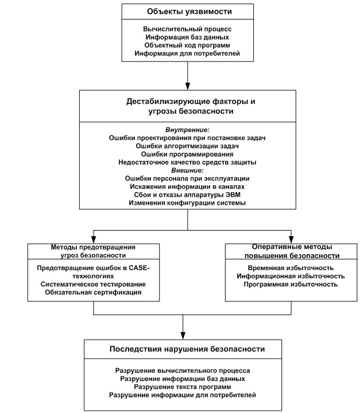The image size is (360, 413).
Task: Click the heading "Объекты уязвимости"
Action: [189, 11]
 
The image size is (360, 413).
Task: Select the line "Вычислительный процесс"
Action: [188, 29]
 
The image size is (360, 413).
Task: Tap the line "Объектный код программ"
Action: [187, 45]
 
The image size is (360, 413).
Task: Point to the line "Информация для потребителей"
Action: [187, 53]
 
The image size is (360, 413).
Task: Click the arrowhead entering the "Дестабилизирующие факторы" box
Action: [188, 87]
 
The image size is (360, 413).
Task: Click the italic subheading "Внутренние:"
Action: [187, 130]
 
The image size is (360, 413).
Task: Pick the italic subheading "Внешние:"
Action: [187, 170]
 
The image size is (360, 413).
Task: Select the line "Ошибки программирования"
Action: [187, 154]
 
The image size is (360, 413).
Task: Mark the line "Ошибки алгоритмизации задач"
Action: [187, 146]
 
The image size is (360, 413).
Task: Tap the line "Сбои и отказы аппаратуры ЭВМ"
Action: [187, 195]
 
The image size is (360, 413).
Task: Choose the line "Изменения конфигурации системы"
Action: [187, 203]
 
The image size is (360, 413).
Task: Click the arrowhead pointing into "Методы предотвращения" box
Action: [94, 239]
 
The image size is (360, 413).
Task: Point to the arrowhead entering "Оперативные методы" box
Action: [291, 239]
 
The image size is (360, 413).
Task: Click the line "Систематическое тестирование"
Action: [93, 285]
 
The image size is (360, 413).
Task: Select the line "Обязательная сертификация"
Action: [93, 293]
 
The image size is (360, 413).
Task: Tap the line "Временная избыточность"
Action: [291, 268]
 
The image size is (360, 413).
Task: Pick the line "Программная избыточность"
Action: [291, 285]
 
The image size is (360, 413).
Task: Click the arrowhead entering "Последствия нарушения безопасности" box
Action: [183, 336]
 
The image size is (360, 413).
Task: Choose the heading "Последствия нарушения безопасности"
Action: [187, 349]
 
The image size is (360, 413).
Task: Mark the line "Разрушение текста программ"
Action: [183, 387]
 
